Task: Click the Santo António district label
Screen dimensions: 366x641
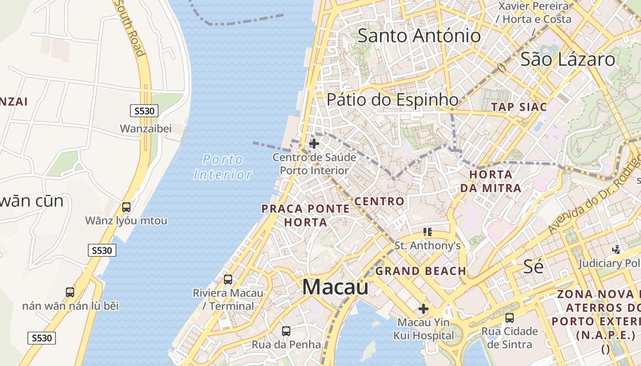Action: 419,36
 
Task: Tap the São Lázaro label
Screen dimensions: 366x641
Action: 568,59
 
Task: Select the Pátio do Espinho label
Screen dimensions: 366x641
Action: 392,100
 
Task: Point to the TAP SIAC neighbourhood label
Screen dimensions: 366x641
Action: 519,107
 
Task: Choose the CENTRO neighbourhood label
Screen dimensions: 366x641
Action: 380,201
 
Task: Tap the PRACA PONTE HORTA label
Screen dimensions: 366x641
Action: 305,215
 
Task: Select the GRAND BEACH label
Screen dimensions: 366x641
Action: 421,271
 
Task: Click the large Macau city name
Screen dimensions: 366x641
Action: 335,287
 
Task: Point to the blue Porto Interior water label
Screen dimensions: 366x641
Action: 223,167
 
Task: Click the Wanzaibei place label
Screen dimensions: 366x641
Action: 146,129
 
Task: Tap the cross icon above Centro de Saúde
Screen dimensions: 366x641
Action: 314,144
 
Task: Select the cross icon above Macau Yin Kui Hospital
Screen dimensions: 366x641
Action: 424,309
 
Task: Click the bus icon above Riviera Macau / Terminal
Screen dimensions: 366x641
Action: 228,279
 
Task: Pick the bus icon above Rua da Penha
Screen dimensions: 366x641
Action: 286,331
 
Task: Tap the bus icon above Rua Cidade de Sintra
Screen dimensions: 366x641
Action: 509,318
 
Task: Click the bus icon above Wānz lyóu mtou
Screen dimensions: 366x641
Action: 126,207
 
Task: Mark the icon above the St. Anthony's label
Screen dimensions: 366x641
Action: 428,232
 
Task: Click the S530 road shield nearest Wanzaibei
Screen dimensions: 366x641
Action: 144,111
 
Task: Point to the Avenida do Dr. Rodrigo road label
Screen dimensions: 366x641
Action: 595,192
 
